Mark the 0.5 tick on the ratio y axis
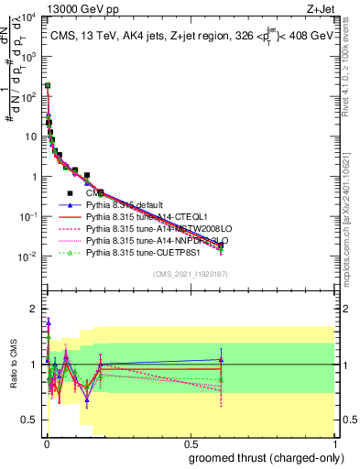32,420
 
